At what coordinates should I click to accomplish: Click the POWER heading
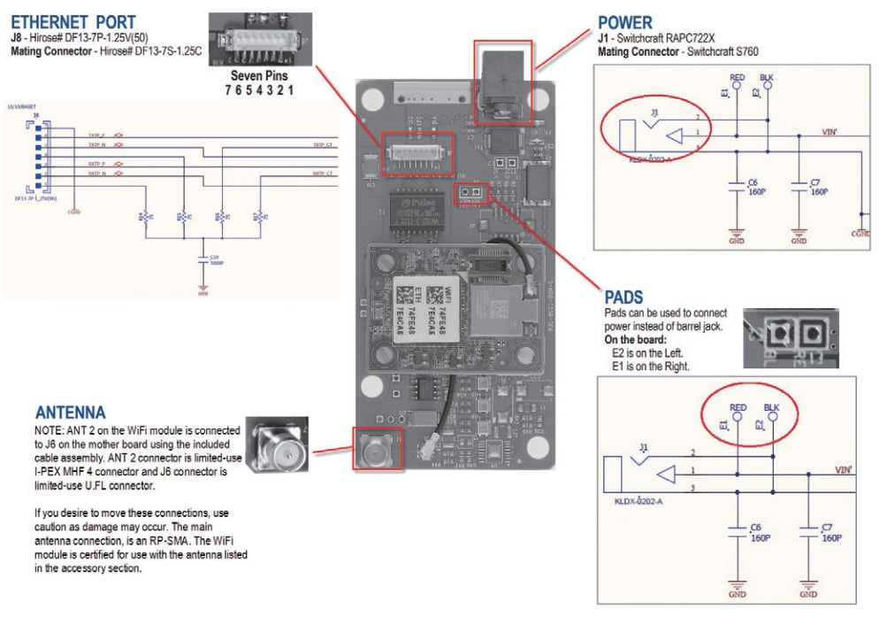click(x=624, y=22)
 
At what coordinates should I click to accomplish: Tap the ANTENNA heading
click(x=70, y=413)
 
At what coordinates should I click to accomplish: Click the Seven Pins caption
click(x=259, y=75)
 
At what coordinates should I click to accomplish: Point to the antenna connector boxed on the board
click(x=377, y=449)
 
